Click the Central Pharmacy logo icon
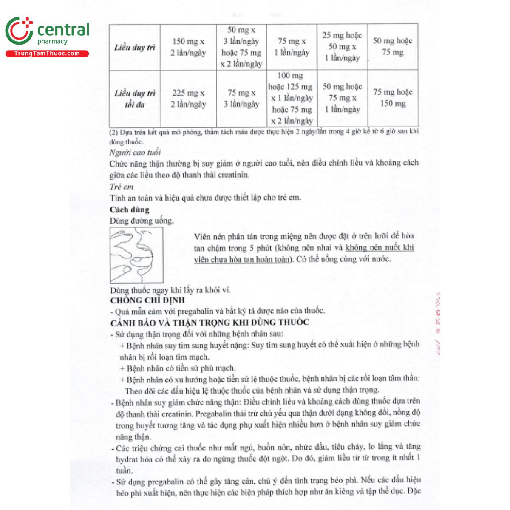coord(19,31)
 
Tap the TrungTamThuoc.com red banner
coord(47,54)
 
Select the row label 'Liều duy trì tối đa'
coord(135,99)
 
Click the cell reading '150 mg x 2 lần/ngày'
coord(188,47)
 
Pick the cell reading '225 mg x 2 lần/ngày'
coord(188,99)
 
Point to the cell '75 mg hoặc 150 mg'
coord(393,98)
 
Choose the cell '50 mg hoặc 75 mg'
coord(393,47)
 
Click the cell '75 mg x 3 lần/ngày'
coord(241,99)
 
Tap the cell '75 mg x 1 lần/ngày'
coord(292,47)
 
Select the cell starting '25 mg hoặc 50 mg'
coord(342,47)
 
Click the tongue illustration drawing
coord(136,255)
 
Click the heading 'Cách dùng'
coord(130,210)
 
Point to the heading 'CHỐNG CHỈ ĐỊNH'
coord(147,300)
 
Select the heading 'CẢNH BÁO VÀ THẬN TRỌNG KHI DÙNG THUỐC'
coord(210,322)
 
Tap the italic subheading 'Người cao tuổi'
coord(135,153)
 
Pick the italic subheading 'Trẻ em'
coord(122,187)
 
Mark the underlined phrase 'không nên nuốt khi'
coord(380,247)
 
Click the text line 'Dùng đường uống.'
coord(142,221)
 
